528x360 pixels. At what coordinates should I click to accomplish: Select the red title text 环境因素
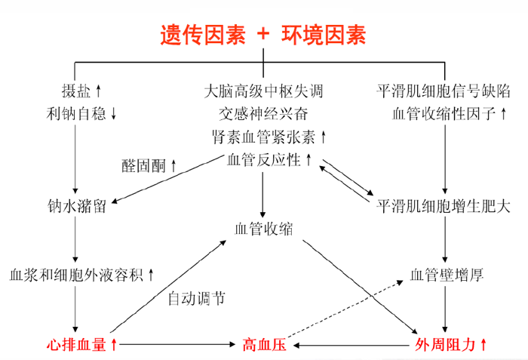324,34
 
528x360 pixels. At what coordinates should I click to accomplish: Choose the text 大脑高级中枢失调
263,91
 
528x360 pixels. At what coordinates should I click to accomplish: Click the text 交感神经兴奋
263,114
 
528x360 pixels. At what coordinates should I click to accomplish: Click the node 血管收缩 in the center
263,229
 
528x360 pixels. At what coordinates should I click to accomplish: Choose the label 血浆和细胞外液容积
75,274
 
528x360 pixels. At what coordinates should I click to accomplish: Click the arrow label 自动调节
195,298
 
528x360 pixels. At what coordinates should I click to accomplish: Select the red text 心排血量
75,345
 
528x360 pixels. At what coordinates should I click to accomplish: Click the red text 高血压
263,345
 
